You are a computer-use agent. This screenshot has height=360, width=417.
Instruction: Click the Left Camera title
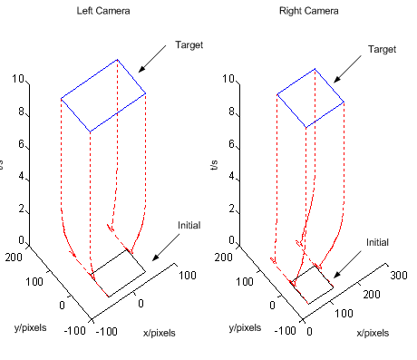tap(90, 12)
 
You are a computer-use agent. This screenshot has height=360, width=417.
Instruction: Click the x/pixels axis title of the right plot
tap(374, 333)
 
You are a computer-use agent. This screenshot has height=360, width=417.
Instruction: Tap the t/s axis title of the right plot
tap(214, 166)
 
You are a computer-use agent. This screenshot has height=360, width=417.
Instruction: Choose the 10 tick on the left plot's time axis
tap(17, 81)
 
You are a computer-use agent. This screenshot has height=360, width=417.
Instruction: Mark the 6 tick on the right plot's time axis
tap(233, 145)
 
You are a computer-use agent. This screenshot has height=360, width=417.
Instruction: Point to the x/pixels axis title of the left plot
tap(159, 333)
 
